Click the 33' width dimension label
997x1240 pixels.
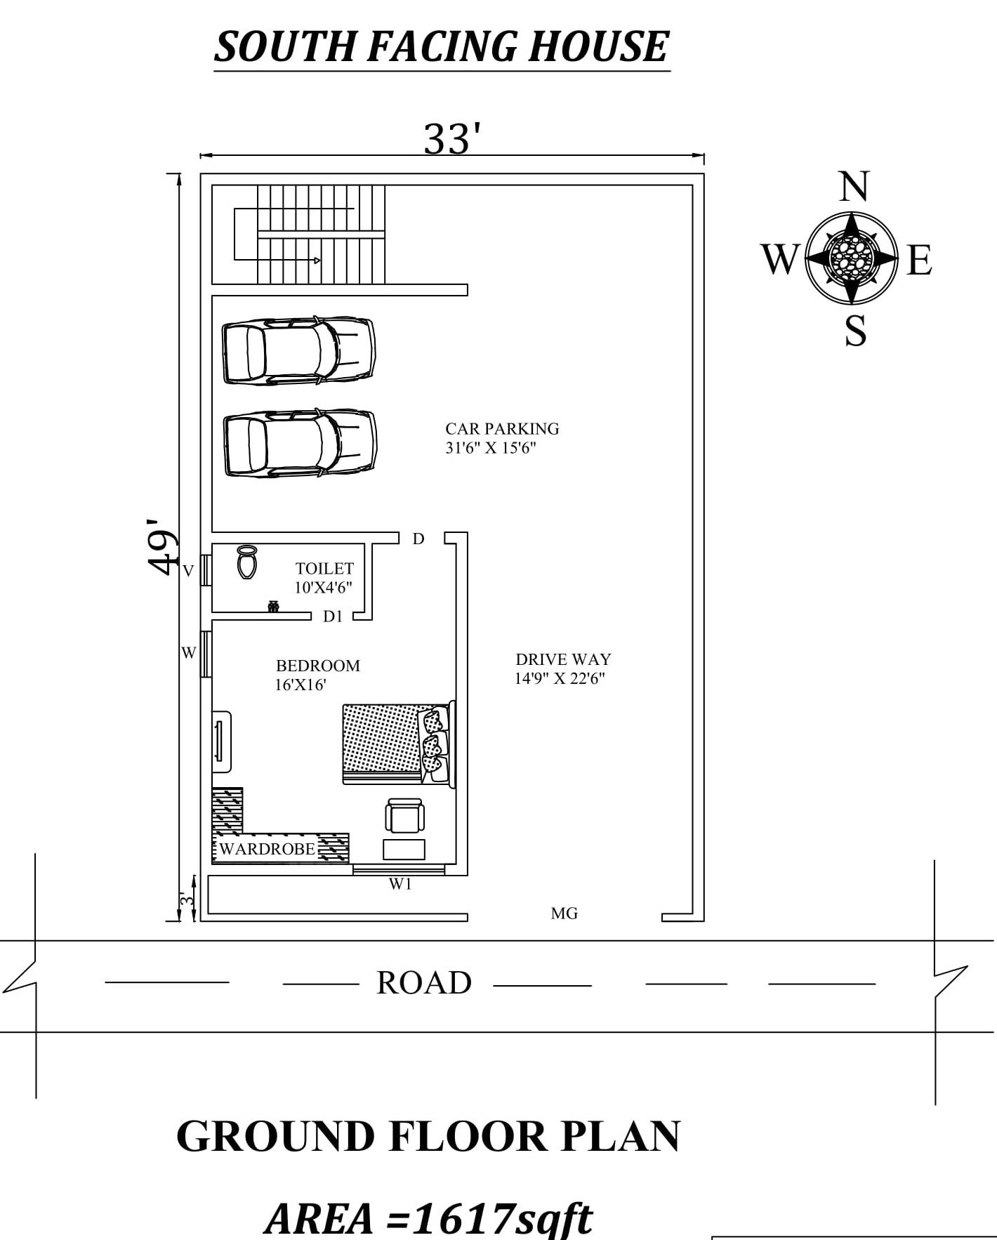pyautogui.click(x=452, y=139)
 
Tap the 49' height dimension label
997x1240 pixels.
pyautogui.click(x=162, y=547)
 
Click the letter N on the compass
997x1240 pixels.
pyautogui.click(x=853, y=187)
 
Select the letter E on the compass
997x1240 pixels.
pyautogui.click(x=919, y=260)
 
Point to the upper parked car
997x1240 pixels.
pyautogui.click(x=298, y=351)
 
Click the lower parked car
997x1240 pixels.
pyautogui.click(x=300, y=444)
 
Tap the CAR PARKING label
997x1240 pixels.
pyautogui.click(x=501, y=437)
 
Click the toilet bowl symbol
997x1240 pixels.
pyautogui.click(x=246, y=561)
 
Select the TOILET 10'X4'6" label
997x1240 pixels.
pyautogui.click(x=324, y=577)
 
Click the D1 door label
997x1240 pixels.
pyautogui.click(x=333, y=616)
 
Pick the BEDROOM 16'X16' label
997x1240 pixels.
pyautogui.click(x=317, y=675)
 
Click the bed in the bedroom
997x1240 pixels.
pyautogui.click(x=397, y=744)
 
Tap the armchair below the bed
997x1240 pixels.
pyautogui.click(x=404, y=817)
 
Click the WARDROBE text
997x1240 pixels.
pyautogui.click(x=267, y=848)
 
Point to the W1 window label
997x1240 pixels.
pyautogui.click(x=400, y=885)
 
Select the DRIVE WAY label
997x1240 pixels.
pyautogui.click(x=562, y=668)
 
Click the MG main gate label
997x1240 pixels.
pyautogui.click(x=564, y=913)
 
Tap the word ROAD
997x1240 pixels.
pyautogui.click(x=423, y=983)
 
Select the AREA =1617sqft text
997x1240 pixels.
pyautogui.click(x=428, y=1218)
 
